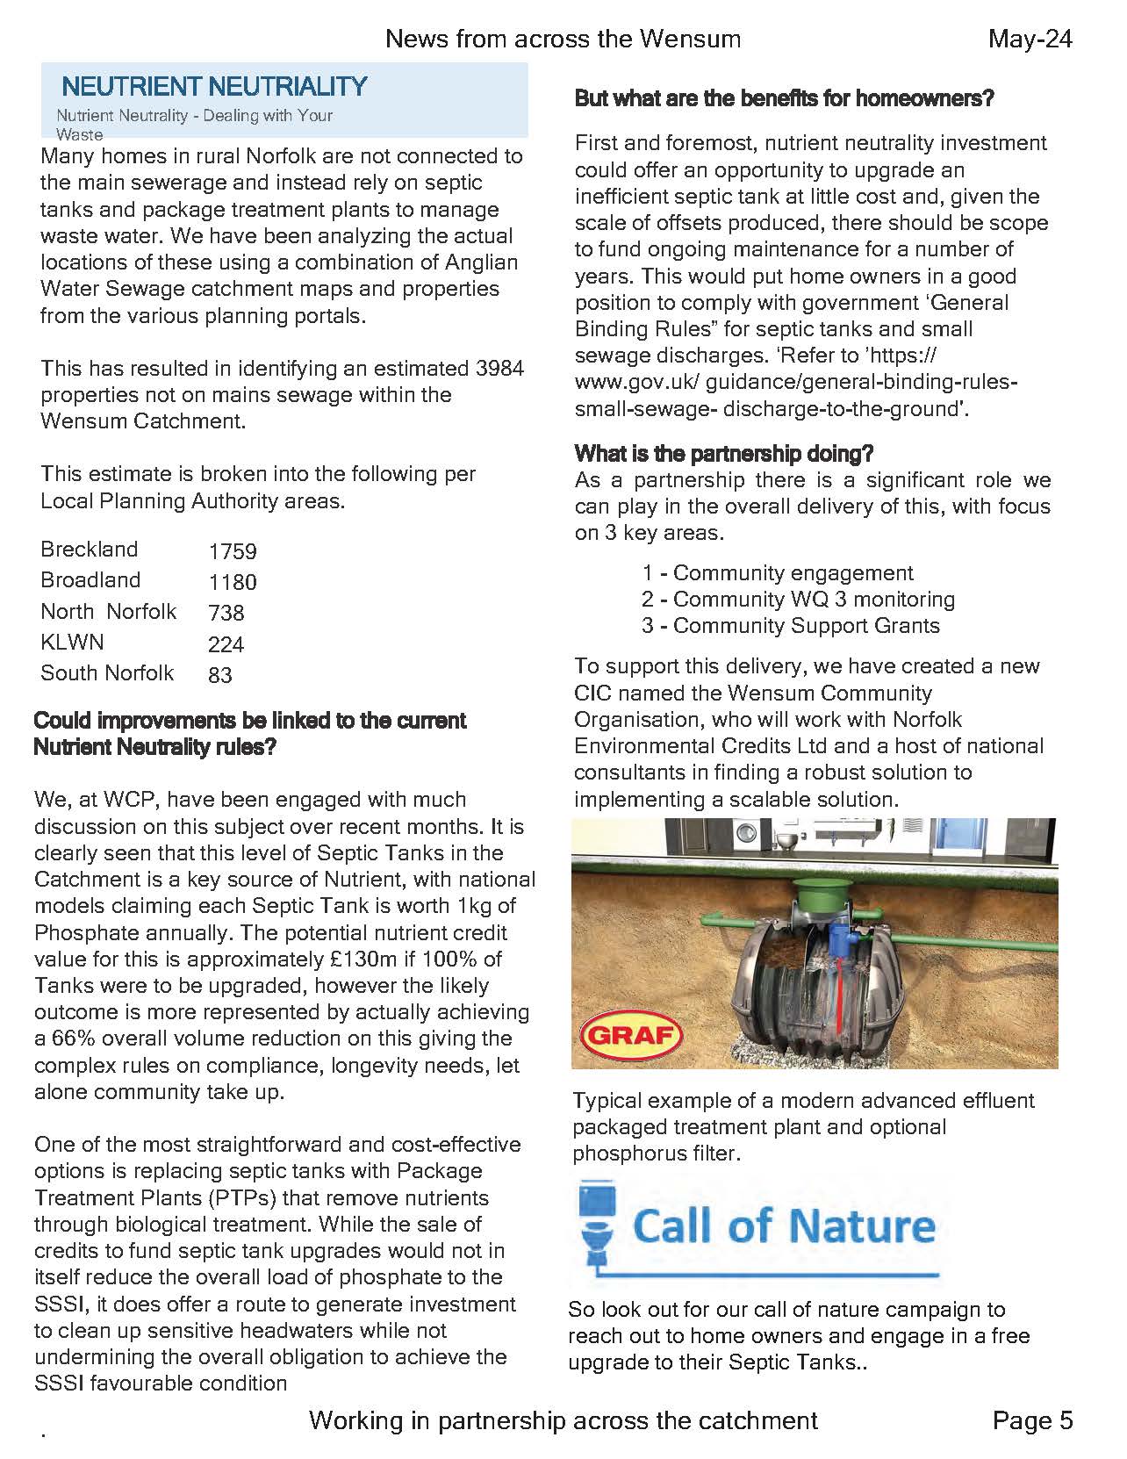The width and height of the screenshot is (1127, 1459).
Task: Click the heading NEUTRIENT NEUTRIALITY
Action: (x=214, y=86)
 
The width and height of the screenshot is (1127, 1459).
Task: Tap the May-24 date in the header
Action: (x=1030, y=39)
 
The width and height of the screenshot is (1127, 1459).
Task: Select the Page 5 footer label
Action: (x=1032, y=1420)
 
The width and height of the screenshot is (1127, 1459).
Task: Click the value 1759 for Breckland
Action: (x=233, y=551)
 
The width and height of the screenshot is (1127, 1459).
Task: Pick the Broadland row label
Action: (x=90, y=580)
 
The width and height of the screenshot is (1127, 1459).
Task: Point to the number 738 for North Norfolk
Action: (x=226, y=613)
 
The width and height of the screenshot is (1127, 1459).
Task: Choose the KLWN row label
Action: (x=72, y=642)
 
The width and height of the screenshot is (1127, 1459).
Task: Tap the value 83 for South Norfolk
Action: (x=220, y=675)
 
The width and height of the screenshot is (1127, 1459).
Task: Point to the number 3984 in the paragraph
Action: (x=499, y=368)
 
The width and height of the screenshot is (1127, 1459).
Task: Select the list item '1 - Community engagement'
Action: (x=777, y=573)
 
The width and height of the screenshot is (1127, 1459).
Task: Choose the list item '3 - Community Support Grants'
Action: (x=790, y=626)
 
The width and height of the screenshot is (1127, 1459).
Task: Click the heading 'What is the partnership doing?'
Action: (x=724, y=454)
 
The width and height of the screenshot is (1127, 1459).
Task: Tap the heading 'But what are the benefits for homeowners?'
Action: (x=784, y=98)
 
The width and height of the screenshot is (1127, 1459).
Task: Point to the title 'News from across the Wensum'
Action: (x=563, y=39)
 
